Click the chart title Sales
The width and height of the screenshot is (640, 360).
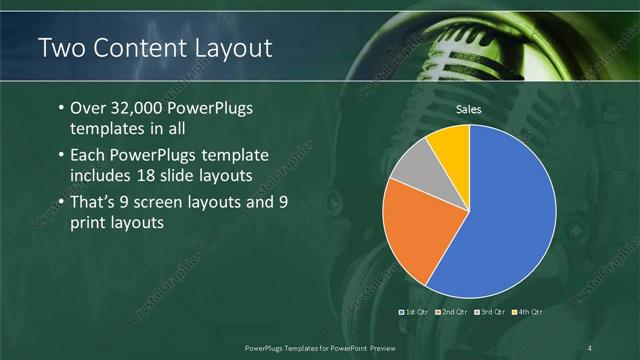[x=470, y=109]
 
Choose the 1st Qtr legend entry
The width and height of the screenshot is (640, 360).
[x=416, y=313]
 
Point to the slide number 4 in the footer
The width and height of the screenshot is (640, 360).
[x=590, y=347]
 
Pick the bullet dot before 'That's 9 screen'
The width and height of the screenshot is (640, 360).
[x=61, y=203]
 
